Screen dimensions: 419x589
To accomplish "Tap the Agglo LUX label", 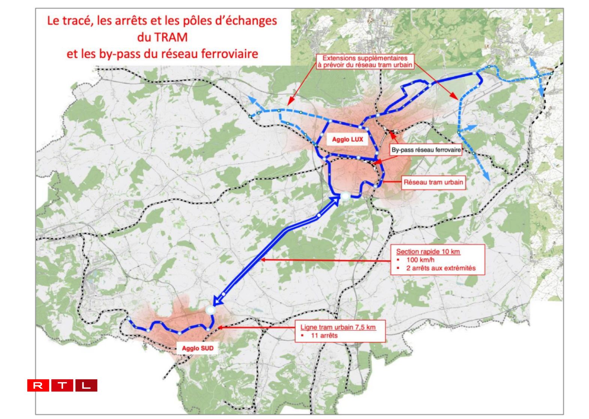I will coord(347,140).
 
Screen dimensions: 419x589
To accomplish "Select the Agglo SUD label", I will coord(197,348).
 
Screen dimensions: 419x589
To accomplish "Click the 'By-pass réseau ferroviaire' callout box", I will coord(426,150).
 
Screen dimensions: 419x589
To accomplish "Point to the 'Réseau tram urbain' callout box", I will coord(433,183).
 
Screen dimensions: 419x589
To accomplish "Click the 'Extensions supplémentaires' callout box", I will coord(365,61).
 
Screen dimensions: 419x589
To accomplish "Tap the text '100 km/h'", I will coord(420,260).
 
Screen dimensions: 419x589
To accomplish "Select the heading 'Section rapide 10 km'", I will coord(428,251).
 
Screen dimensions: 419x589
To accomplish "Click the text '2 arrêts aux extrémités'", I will coord(441,268).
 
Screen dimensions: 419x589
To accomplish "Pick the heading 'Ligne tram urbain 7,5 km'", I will coord(338,327).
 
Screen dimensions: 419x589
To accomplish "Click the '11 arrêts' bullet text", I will coord(324,336).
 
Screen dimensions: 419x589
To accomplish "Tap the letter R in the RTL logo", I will coord(38,385).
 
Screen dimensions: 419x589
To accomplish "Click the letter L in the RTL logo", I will coord(86,385).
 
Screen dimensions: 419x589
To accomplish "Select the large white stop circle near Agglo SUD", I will coord(211,310).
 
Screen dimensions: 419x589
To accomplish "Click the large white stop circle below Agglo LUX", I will coord(345,196).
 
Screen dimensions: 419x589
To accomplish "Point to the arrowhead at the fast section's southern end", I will coord(217,301).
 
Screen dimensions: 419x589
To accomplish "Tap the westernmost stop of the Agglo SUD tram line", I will coord(128,319).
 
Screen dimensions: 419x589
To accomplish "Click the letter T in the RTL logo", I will coord(62,385).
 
